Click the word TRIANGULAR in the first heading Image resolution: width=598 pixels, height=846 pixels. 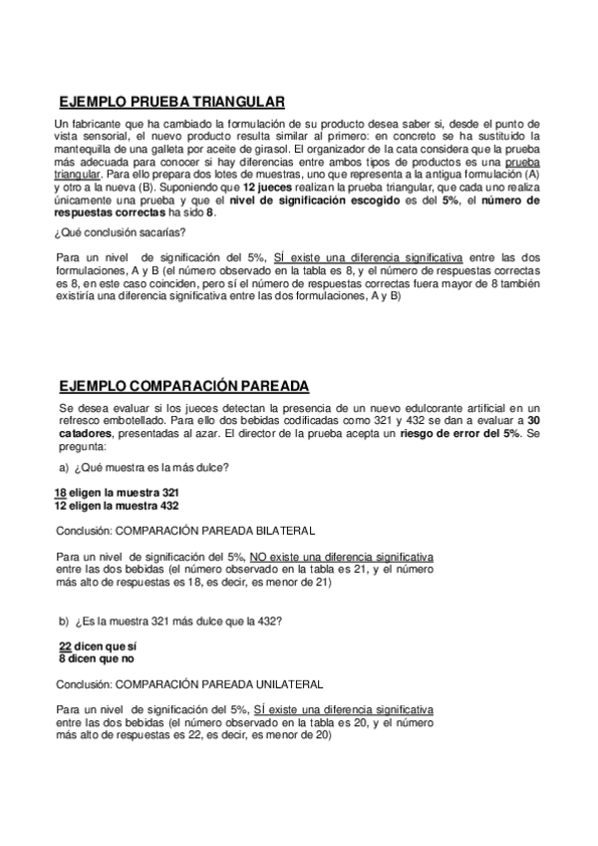pos(236,102)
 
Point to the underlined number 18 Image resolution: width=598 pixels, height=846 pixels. pos(60,493)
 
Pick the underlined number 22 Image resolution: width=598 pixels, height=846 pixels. pos(66,646)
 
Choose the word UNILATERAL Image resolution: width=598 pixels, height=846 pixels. pos(285,684)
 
